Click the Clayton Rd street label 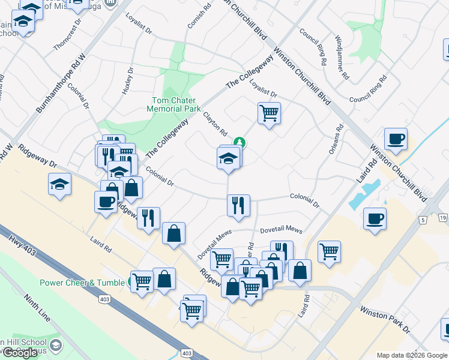(215, 124)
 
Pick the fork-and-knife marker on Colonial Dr (238, 205)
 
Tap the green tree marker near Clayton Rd (240, 142)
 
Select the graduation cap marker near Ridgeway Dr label (60, 184)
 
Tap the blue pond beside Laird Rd (366, 193)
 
